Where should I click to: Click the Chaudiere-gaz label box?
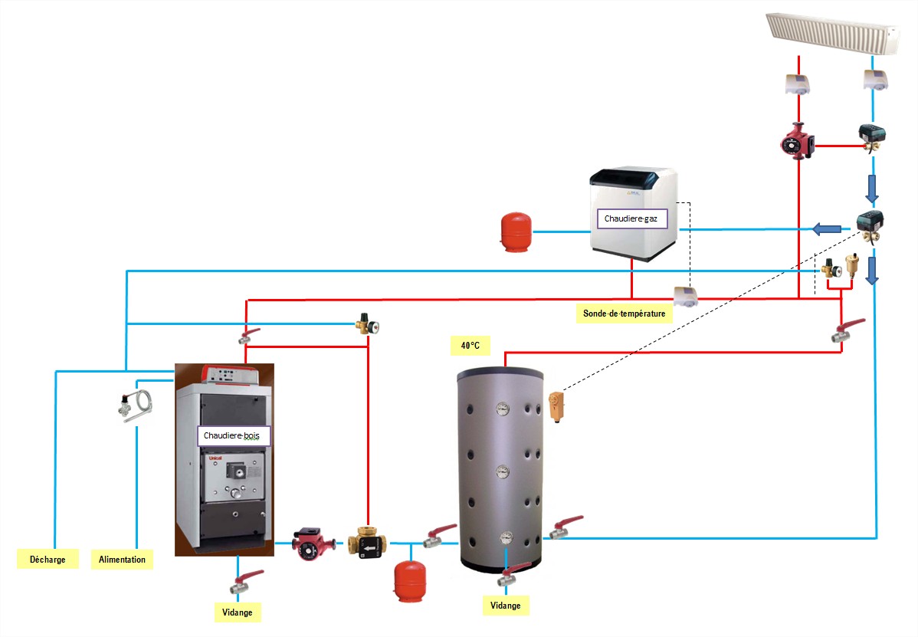pyautogui.click(x=631, y=219)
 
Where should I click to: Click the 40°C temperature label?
pyautogui.click(x=470, y=346)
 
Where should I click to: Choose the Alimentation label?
pyautogui.click(x=122, y=560)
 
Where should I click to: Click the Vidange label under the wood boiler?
pyautogui.click(x=237, y=612)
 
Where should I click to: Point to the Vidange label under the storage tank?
pyautogui.click(x=505, y=606)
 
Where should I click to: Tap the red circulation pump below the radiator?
pyautogui.click(x=796, y=142)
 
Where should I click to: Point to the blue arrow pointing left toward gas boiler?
pyautogui.click(x=826, y=228)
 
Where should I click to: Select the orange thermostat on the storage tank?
pyautogui.click(x=556, y=406)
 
